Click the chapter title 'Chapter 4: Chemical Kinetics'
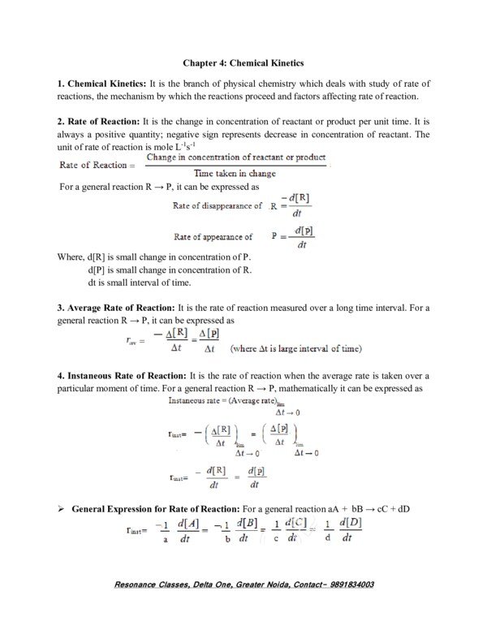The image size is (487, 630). [243, 62]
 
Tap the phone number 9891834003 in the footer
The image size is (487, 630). [346, 584]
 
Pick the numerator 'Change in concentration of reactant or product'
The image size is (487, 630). [235, 157]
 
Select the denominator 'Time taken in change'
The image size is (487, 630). [235, 173]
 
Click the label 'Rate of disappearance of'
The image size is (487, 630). [218, 206]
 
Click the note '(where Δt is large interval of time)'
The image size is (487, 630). [296, 349]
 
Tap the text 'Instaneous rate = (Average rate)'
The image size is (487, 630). [222, 400]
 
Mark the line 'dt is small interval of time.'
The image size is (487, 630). [139, 283]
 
